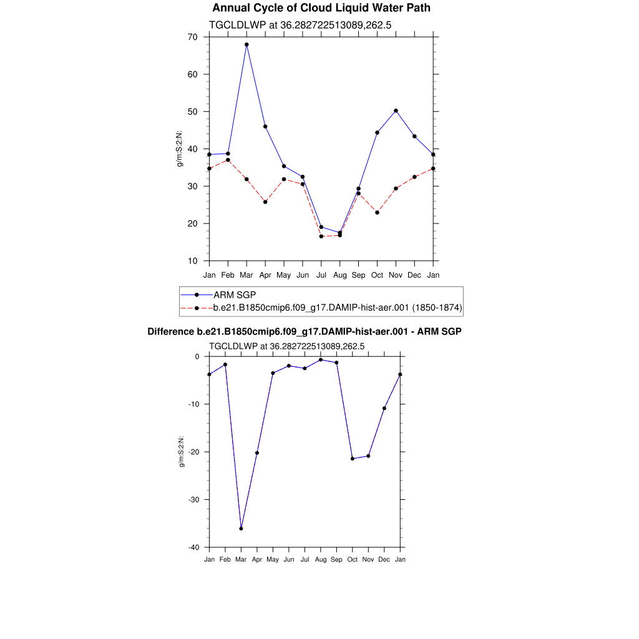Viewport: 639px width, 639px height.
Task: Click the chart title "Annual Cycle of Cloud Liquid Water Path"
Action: click(321, 8)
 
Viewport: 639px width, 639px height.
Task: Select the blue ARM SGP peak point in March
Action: click(246, 44)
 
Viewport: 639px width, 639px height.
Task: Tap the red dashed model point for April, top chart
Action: click(265, 202)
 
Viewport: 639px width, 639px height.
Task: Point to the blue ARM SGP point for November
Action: click(396, 110)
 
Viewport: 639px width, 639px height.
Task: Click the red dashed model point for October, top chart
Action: click(377, 213)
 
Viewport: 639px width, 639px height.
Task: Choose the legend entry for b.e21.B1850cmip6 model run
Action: click(337, 308)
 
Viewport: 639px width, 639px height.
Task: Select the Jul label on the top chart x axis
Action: click(321, 275)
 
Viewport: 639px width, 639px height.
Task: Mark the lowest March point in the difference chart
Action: click(241, 529)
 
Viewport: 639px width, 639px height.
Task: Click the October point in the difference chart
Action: click(353, 459)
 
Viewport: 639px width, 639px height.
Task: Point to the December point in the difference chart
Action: click(384, 408)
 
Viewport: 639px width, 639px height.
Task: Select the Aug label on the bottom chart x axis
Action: click(321, 559)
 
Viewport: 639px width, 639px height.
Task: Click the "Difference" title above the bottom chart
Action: click(304, 331)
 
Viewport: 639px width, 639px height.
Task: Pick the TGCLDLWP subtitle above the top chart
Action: click(300, 25)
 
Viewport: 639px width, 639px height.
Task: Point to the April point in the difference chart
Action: click(257, 453)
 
